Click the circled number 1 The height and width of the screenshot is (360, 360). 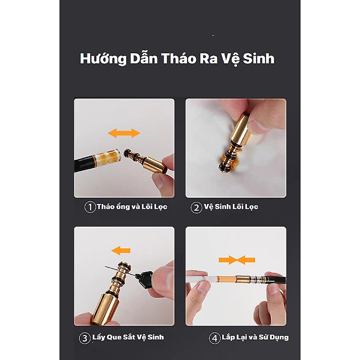click(90, 207)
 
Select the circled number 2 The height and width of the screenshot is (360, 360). click(196, 207)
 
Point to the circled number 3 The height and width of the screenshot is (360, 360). click(84, 338)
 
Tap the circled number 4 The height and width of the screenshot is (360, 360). click(215, 338)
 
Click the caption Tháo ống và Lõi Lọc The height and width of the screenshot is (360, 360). click(132, 207)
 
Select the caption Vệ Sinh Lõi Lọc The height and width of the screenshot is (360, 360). click(231, 207)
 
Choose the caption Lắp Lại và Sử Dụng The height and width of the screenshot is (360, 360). click(255, 337)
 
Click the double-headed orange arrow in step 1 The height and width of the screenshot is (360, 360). click(124, 133)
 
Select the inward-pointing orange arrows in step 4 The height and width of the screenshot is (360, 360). click(236, 260)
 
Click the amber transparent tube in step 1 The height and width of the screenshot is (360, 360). click(110, 159)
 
